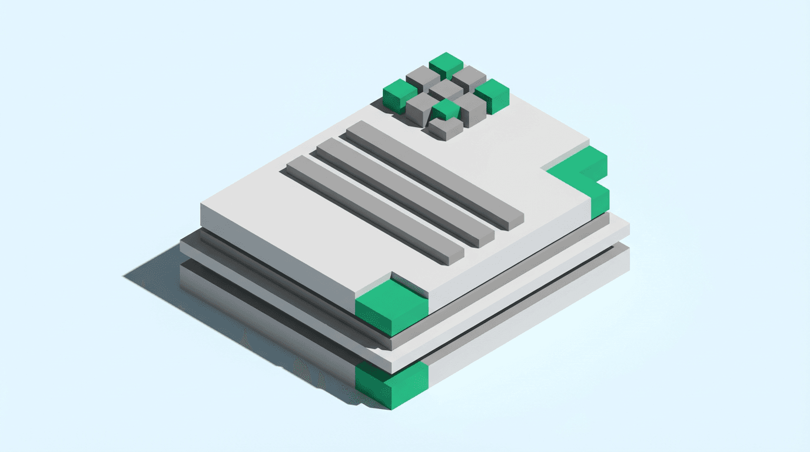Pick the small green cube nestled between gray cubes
point(446,109)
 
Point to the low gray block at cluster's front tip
point(446,128)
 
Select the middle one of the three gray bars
point(403,191)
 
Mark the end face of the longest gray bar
point(514,222)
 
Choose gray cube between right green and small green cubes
point(471,107)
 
